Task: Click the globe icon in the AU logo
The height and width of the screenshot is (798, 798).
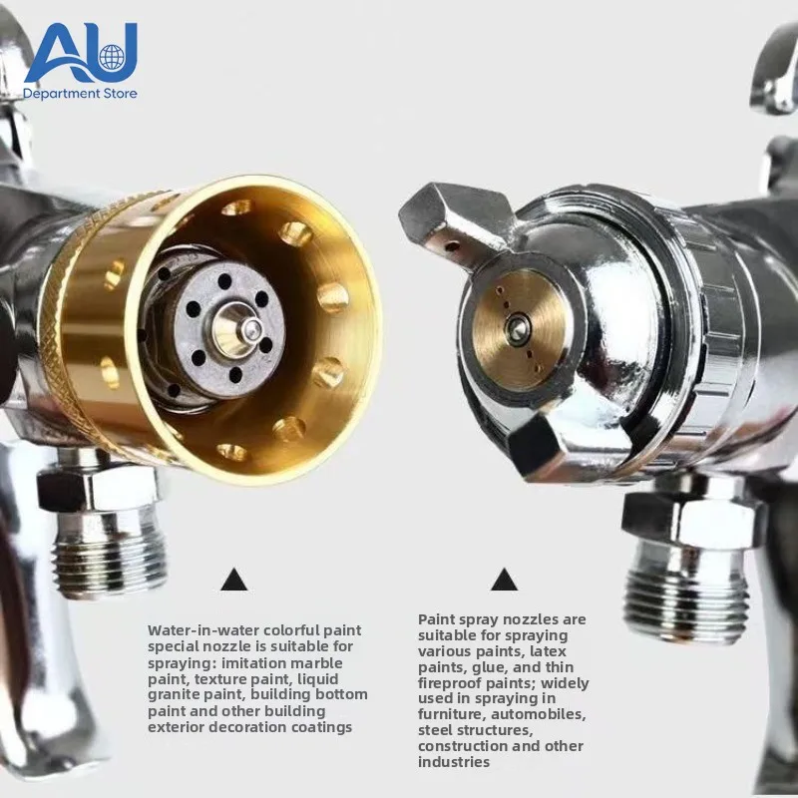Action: [111, 57]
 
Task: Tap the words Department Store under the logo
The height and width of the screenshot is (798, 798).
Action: [80, 94]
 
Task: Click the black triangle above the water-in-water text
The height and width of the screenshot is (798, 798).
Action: [234, 580]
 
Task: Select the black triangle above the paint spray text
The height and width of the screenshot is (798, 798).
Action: [504, 580]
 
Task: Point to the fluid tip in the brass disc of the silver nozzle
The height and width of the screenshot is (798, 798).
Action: [519, 326]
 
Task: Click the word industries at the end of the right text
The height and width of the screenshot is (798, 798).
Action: [454, 762]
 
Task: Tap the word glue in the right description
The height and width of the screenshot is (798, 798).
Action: [489, 667]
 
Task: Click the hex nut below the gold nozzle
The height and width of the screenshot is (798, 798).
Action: [99, 489]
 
